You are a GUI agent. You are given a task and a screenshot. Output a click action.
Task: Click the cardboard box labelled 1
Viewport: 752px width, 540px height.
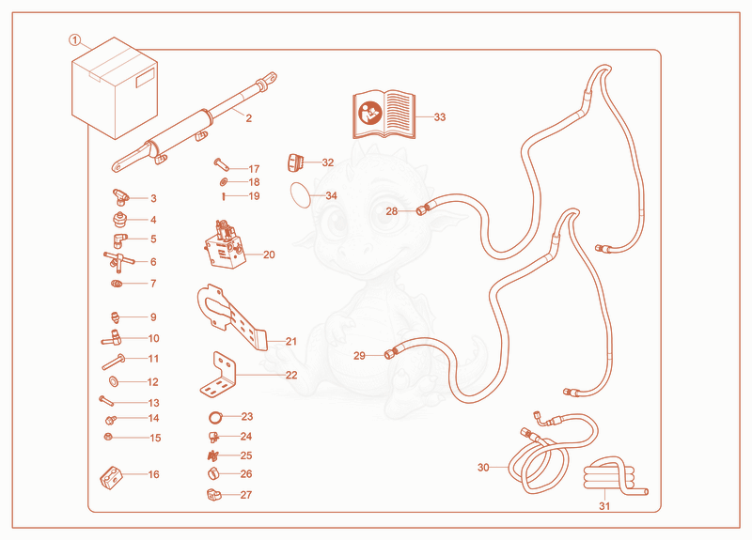(115, 88)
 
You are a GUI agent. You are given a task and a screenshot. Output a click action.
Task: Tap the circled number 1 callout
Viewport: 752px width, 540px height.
(75, 40)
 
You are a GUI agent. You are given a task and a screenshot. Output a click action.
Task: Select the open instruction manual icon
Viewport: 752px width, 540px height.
(384, 114)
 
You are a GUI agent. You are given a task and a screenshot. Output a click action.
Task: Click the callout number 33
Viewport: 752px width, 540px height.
(440, 116)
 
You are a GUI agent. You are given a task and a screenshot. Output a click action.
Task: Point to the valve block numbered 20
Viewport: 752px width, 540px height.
(225, 244)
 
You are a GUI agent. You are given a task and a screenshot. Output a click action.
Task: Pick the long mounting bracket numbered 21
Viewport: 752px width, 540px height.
(230, 316)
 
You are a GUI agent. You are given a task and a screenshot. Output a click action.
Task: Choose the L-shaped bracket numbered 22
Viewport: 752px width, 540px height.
(218, 375)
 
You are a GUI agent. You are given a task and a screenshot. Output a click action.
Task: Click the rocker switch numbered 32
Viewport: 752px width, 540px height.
(295, 162)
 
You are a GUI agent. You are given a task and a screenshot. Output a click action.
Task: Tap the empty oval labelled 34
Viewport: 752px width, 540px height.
(300, 195)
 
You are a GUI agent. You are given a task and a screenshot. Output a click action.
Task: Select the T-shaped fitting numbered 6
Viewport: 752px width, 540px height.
(118, 261)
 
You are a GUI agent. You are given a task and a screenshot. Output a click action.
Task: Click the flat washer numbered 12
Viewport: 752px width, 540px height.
(115, 381)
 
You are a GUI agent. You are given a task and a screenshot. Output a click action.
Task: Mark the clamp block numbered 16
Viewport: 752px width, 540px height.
(111, 477)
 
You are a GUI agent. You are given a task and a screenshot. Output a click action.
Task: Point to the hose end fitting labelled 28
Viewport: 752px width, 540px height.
(422, 209)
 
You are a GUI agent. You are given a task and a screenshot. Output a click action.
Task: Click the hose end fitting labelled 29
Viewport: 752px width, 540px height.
(391, 354)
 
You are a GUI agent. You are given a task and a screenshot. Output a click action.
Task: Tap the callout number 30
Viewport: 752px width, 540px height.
(483, 467)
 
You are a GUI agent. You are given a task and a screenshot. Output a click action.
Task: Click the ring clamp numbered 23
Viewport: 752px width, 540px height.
(216, 417)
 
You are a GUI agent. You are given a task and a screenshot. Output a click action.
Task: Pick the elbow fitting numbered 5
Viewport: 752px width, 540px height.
(119, 239)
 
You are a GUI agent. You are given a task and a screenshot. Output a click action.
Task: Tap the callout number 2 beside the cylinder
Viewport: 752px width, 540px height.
(248, 118)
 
